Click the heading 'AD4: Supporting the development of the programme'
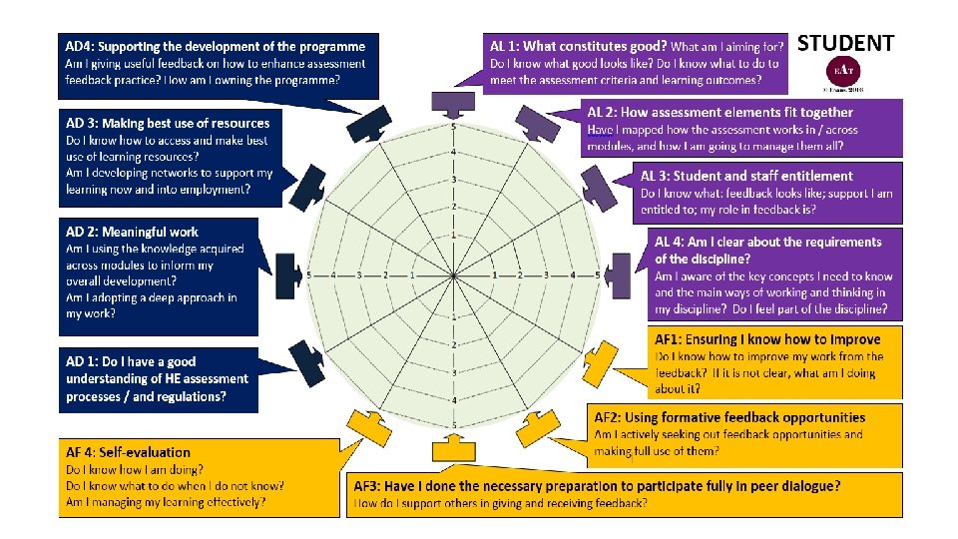point(215,46)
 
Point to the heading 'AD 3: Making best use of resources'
point(168,123)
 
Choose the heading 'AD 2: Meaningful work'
point(132,232)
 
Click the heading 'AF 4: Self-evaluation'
point(128,452)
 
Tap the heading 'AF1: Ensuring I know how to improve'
point(767,339)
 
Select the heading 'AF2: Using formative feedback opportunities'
point(729,417)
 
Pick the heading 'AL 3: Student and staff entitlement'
point(746,176)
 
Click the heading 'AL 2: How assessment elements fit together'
point(719,112)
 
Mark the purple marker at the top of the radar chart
point(453,102)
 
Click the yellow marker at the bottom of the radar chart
point(454,449)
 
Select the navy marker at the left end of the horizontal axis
point(288,274)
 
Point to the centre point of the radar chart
point(454,274)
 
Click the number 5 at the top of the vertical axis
point(454,127)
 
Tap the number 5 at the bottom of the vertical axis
point(454,425)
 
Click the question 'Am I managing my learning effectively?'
point(166,502)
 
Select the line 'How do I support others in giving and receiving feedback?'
point(500,503)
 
